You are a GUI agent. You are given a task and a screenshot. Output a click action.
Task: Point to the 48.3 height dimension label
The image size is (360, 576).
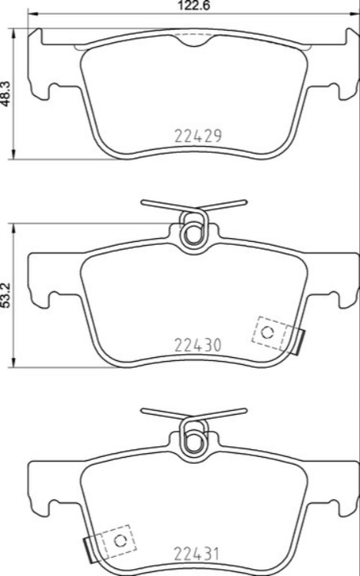tap(6, 94)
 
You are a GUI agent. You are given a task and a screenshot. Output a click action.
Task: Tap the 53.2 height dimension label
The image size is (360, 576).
tap(6, 295)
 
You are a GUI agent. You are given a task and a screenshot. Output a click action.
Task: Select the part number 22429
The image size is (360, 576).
tap(198, 136)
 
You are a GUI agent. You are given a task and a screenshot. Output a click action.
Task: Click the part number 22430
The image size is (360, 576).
tap(198, 346)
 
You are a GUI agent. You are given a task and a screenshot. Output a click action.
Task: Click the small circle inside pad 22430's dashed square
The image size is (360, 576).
tap(267, 332)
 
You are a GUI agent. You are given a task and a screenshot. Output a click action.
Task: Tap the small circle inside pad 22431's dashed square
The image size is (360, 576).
tap(119, 540)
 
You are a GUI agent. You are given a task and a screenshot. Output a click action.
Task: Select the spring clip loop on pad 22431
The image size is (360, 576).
tap(192, 439)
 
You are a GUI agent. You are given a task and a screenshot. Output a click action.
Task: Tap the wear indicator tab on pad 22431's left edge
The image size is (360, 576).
tap(87, 549)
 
